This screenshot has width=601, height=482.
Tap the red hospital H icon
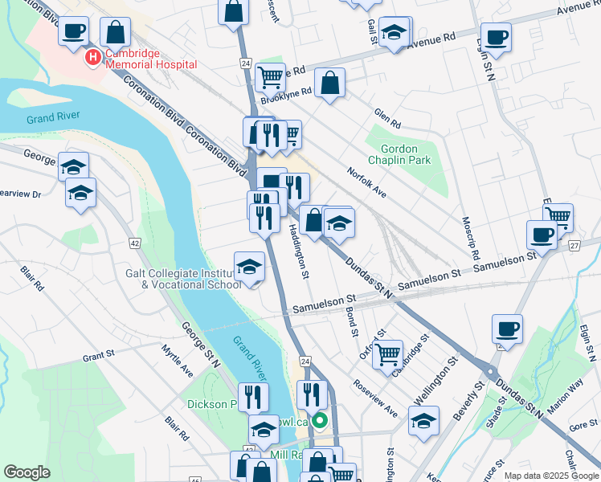[x=93, y=58]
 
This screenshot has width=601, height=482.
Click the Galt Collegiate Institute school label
[x=183, y=278]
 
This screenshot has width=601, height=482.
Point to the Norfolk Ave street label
[x=367, y=182]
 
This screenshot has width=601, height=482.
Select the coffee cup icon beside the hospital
[x=74, y=31]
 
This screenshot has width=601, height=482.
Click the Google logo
[x=27, y=472]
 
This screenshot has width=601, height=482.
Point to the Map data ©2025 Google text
[x=550, y=476]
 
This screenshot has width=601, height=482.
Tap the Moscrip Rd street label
[x=471, y=237]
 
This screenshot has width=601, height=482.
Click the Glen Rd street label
[x=386, y=119]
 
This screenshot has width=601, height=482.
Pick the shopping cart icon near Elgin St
[x=558, y=215]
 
